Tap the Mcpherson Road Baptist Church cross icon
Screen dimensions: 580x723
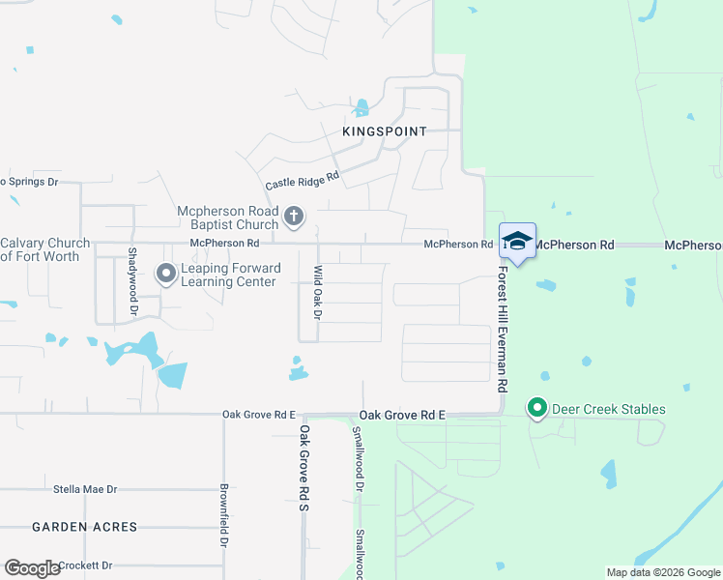pos(295,217)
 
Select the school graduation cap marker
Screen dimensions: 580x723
pos(517,242)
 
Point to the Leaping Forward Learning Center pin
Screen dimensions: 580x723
pos(166,275)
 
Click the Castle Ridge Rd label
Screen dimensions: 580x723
pos(303,181)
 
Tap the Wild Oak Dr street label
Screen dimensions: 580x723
pos(316,293)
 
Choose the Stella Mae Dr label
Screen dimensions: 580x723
pos(85,490)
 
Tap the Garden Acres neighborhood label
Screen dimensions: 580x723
pos(84,527)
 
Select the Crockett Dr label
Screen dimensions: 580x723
pos(85,565)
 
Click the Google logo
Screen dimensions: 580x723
pos(31,568)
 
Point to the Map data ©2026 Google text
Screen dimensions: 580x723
pos(662,572)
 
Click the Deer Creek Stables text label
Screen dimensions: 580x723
pos(608,409)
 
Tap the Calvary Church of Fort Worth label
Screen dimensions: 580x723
pos(44,249)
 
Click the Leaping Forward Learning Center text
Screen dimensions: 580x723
pos(230,275)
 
